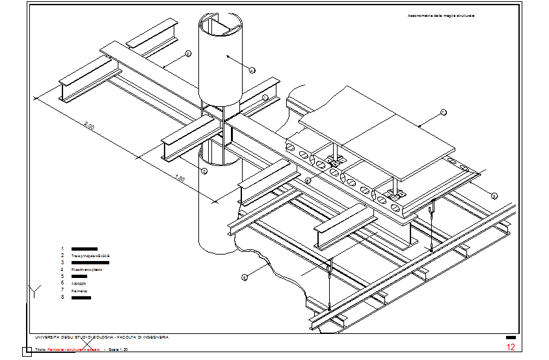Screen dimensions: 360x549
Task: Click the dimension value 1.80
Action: click(181, 179)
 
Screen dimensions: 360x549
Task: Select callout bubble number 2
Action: click(187, 53)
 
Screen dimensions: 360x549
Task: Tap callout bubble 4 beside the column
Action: click(252, 70)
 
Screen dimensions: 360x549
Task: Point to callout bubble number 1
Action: click(265, 98)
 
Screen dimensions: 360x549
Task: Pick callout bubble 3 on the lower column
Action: click(204, 171)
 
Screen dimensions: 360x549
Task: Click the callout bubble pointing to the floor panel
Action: click(444, 113)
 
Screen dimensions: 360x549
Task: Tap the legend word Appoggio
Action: click(79, 284)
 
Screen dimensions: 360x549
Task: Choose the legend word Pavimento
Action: click(79, 290)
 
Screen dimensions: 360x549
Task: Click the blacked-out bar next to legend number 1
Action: click(84, 249)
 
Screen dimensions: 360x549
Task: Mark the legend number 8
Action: click(62, 298)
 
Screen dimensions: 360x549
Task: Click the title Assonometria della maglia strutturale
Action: click(440, 16)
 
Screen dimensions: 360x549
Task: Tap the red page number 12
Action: click(511, 347)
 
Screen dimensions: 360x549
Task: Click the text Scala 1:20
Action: click(118, 350)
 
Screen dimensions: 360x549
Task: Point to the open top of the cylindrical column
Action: click(221, 26)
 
